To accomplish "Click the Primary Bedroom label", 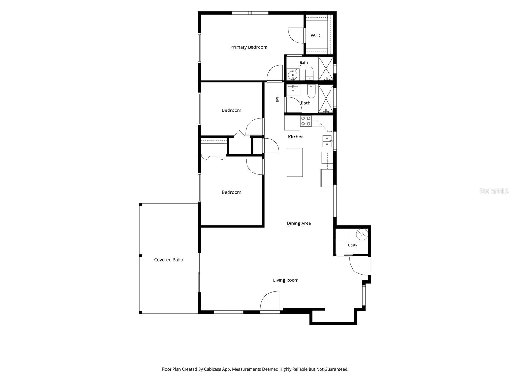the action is [x=249, y=47].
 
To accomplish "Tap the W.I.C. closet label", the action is [x=317, y=35].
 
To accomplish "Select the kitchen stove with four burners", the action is [x=306, y=121].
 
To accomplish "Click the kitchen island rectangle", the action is [x=295, y=162].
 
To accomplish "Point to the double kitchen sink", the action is [x=327, y=141].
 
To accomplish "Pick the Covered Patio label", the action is [x=168, y=260].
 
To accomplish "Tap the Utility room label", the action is [x=352, y=245].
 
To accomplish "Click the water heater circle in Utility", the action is [x=362, y=234].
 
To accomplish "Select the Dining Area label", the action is [x=299, y=223].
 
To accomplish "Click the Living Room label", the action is [x=286, y=280].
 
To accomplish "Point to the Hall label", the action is [x=277, y=99].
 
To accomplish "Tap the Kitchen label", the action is [x=296, y=137].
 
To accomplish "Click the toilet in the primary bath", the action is [x=309, y=73].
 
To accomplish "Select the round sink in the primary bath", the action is [x=293, y=75].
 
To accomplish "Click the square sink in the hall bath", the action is [x=293, y=90].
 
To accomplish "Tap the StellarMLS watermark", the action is [x=494, y=191].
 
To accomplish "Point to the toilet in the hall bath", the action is [x=311, y=91].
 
